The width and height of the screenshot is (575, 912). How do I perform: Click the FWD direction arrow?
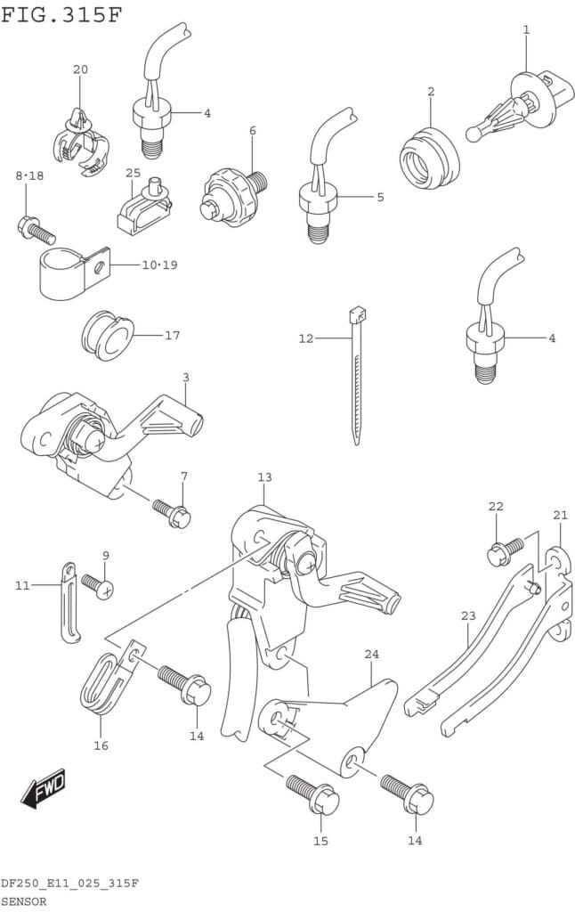44,787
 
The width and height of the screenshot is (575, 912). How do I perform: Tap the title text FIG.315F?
61,15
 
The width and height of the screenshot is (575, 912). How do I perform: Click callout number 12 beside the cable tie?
306,338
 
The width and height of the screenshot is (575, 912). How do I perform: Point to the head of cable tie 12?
358,314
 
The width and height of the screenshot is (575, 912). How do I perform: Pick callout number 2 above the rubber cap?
431,92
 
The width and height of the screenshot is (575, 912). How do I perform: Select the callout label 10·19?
159,265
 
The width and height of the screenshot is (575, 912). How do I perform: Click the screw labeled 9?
97,585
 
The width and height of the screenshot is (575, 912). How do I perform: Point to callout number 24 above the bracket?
371,654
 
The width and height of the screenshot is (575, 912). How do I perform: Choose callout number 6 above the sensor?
253,131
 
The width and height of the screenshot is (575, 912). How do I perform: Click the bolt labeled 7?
172,512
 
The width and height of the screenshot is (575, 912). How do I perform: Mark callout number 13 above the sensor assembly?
264,477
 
